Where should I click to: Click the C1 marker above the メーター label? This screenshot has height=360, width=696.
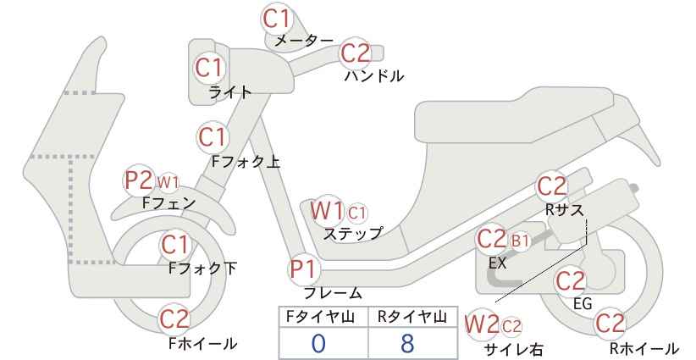[276, 19]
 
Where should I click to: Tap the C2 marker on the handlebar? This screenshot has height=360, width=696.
[356, 53]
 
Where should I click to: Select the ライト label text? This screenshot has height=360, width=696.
[230, 92]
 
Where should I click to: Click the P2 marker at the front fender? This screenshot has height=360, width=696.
[139, 180]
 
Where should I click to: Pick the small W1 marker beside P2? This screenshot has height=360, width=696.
[168, 181]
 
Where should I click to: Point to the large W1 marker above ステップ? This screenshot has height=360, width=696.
[326, 210]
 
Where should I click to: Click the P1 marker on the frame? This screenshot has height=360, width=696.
[305, 269]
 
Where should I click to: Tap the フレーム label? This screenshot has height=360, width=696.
[333, 293]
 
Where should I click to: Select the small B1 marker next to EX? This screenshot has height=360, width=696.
[520, 241]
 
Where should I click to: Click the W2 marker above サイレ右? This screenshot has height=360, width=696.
[482, 324]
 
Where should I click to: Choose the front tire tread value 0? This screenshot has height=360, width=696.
[318, 343]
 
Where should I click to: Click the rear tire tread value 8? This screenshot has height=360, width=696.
[407, 343]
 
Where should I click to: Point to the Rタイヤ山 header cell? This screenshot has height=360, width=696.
[412, 317]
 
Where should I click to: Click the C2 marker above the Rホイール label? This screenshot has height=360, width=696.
[610, 324]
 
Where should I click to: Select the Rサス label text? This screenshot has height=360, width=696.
[564, 209]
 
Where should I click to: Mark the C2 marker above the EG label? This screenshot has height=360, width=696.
[571, 281]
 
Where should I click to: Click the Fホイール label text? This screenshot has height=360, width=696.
[203, 343]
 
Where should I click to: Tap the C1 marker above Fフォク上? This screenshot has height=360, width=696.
[213, 136]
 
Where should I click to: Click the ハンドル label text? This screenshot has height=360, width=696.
[374, 76]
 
